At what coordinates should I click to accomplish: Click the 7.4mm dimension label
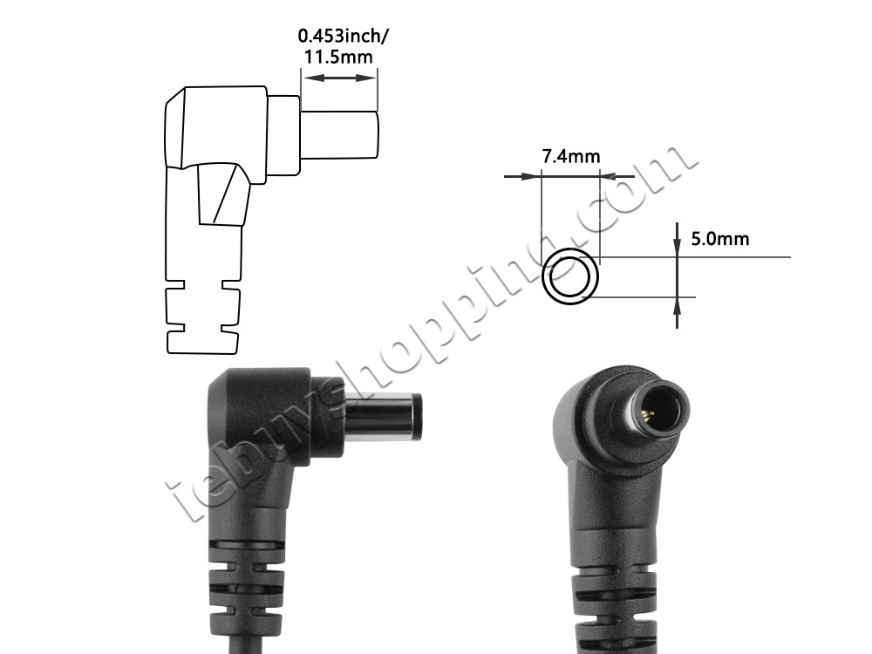[x=571, y=157]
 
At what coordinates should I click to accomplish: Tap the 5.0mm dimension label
[x=720, y=239]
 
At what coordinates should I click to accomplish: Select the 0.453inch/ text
[x=343, y=36]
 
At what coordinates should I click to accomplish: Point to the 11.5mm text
[x=338, y=57]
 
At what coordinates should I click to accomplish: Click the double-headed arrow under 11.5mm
[x=339, y=78]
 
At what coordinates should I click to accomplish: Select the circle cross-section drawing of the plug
[x=570, y=277]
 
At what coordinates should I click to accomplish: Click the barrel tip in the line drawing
[x=339, y=134]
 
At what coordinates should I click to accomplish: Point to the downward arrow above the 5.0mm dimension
[x=677, y=239]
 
